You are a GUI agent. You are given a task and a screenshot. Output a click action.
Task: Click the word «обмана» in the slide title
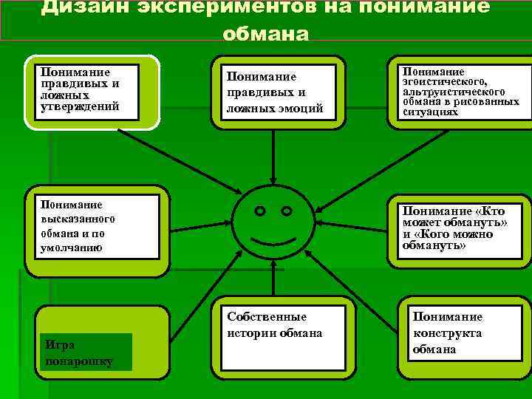click(x=265, y=33)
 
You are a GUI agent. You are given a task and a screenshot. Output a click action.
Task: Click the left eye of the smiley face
click(x=260, y=211)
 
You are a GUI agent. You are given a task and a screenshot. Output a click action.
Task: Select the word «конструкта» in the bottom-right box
click(x=447, y=333)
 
